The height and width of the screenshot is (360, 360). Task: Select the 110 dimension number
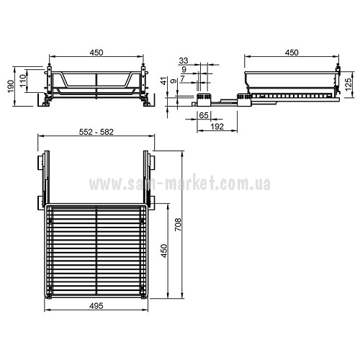[x=23, y=81]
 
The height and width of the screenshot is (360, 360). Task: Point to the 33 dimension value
[x=184, y=60]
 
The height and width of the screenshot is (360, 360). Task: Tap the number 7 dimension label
[x=183, y=78]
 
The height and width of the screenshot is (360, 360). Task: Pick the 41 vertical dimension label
[x=164, y=81]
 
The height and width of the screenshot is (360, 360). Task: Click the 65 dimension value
[x=204, y=115]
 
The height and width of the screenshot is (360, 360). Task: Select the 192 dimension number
[x=217, y=127]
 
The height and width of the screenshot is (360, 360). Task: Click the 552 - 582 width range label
[x=96, y=132]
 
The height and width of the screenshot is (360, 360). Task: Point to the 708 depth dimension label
[x=178, y=225]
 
